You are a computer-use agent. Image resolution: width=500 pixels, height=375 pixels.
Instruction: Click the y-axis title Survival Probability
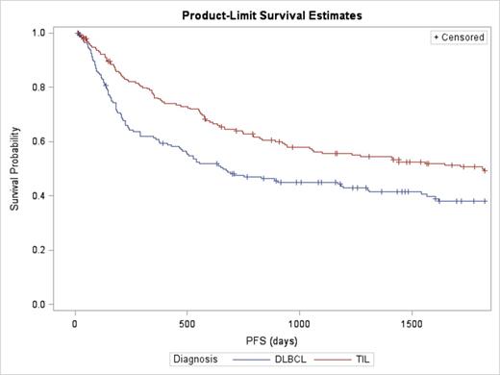coord(15,169)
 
